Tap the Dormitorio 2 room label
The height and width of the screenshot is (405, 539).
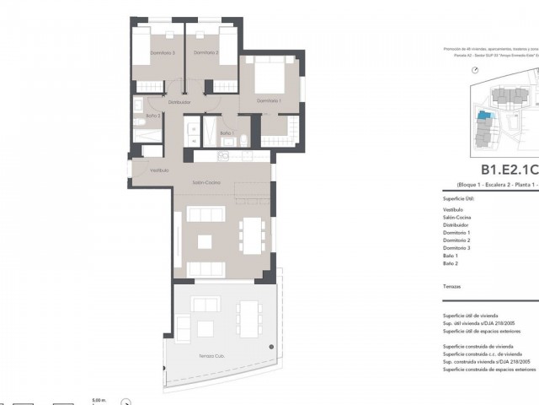coord(205,53)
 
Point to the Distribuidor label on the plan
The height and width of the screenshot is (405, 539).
coord(179,102)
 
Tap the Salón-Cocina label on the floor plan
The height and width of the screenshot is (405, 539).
coord(206,182)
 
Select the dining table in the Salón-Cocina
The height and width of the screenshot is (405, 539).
coord(252,235)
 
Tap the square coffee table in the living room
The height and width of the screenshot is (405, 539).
coord(205,241)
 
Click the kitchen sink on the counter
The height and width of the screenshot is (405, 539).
coord(225,156)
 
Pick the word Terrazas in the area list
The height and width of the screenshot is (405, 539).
coord(451,287)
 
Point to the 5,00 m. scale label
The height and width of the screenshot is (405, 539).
coord(100,400)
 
